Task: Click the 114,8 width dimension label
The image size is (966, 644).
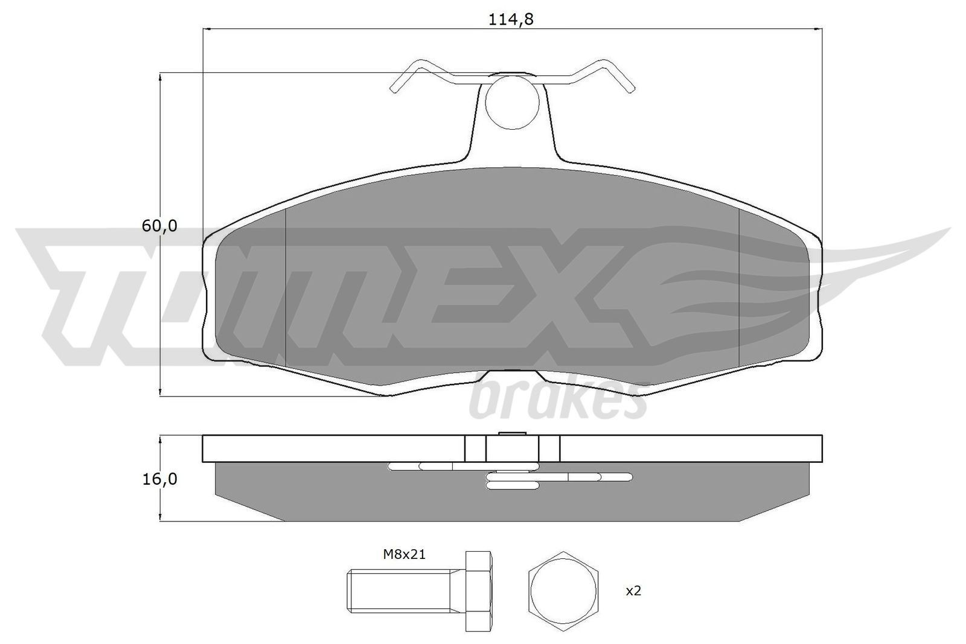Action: point(511,19)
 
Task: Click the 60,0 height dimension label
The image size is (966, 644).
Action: point(159,226)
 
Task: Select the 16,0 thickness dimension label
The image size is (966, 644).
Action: point(159,479)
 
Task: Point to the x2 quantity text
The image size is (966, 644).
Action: point(633,591)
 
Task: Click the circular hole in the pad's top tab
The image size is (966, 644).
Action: point(511,101)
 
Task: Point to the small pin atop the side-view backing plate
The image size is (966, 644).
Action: point(512,433)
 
